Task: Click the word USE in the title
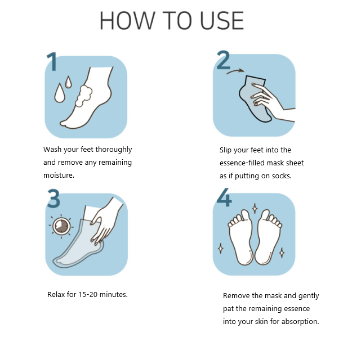pos(222,21)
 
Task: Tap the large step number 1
pos(52,61)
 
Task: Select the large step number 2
pos(223,60)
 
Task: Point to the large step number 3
pos(54,198)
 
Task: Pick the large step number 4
pos(224,197)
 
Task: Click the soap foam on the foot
pos(83,96)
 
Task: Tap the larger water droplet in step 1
pos(60,93)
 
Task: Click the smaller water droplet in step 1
pos(68,82)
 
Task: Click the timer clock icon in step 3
pos(61,226)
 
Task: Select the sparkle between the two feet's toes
pos(255,209)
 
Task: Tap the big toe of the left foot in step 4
pos(245,215)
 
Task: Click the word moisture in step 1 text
pos(59,175)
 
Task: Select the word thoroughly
pos(114,150)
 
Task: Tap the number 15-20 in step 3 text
pos(88,295)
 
